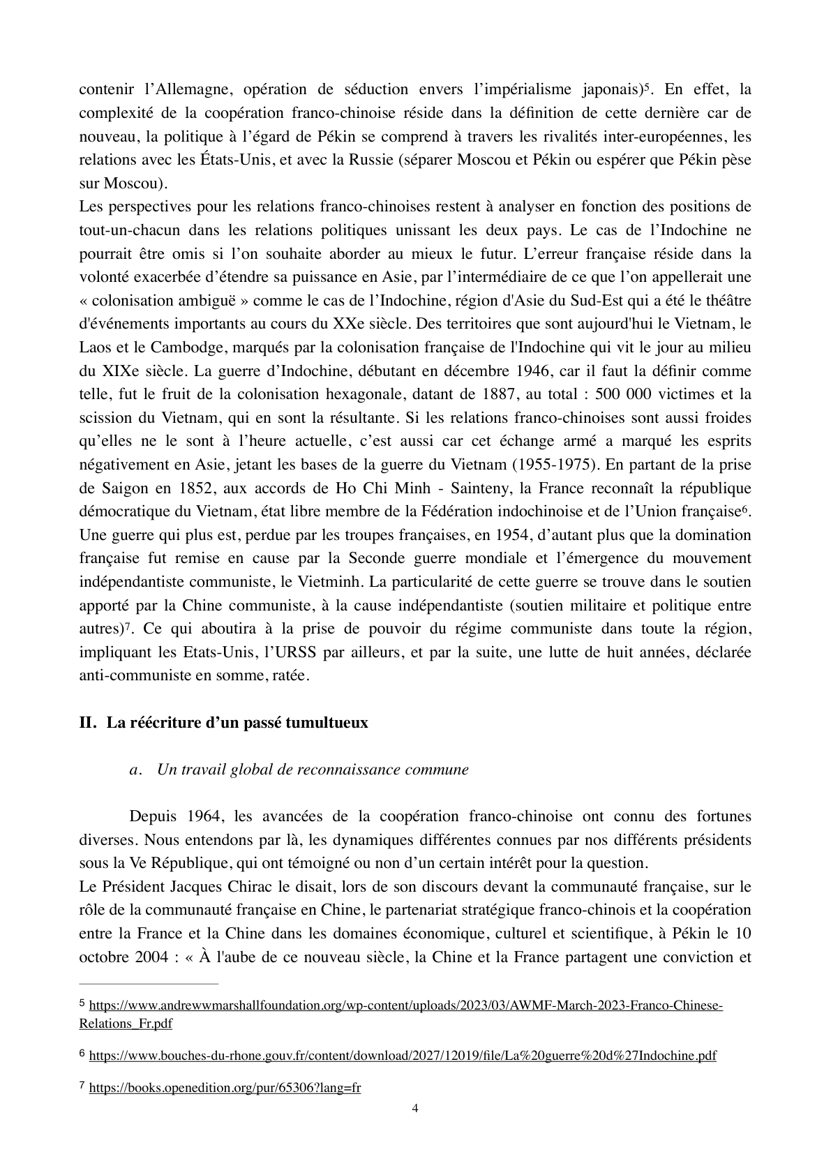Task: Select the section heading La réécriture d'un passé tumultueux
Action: (x=237, y=723)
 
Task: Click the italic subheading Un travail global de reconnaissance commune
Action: (x=313, y=770)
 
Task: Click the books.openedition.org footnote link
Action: (x=225, y=1087)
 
